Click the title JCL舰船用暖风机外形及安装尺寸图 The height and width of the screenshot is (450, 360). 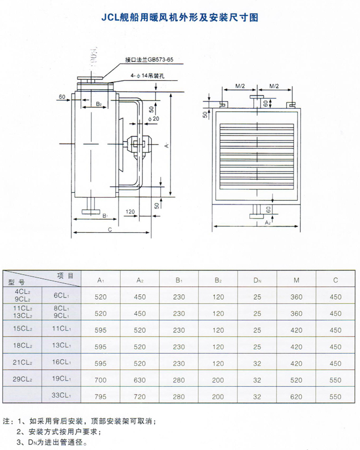179,17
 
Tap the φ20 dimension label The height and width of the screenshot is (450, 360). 154,119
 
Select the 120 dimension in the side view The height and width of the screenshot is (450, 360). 131,212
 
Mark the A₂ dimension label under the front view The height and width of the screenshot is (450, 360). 267,222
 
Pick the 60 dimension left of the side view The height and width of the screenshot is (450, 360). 61,97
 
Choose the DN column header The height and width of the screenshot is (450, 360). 257,280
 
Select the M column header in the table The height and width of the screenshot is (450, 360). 297,280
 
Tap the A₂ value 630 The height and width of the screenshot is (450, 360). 140,380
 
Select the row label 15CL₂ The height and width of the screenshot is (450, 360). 23,329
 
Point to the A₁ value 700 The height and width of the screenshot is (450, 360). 101,380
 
